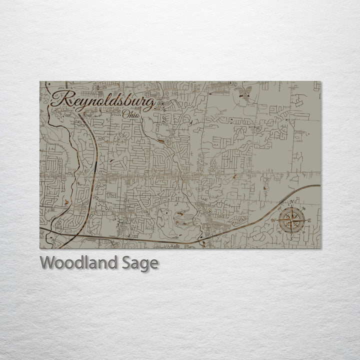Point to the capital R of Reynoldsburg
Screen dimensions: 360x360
click(59, 99)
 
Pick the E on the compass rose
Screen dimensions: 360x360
click(309, 220)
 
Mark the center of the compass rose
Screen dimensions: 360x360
click(291, 220)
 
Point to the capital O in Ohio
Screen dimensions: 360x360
click(125, 114)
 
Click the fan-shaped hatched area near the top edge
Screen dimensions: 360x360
click(244, 93)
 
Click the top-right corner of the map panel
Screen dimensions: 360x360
click(320, 81)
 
